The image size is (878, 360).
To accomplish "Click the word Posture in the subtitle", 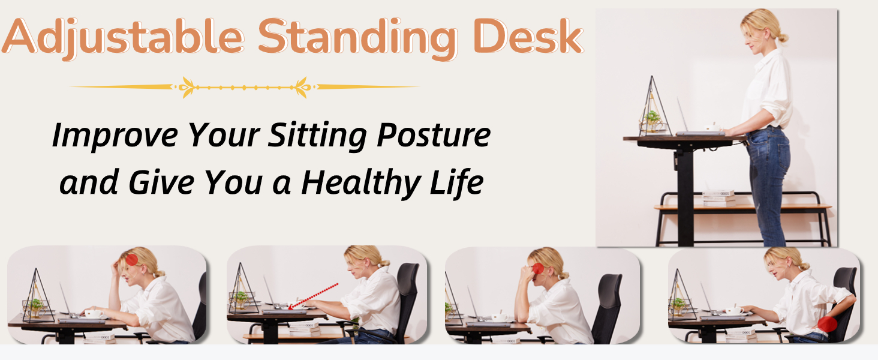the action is [434, 136].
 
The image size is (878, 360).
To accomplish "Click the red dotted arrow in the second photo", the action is [313, 296].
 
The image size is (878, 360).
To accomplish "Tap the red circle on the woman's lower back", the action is [828, 324].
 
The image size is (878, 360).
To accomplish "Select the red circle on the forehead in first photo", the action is [132, 260].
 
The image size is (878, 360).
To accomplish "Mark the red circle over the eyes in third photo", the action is [538, 269].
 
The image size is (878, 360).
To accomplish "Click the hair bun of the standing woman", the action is [783, 38].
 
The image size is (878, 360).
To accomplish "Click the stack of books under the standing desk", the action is [718, 199].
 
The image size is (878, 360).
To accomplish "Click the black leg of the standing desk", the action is [685, 196].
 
